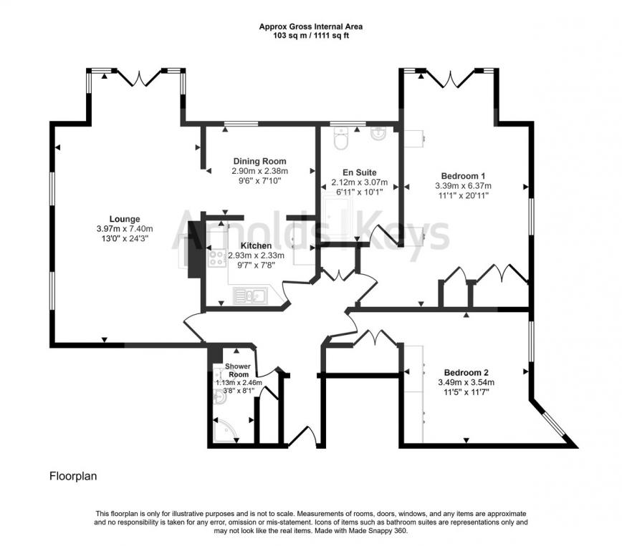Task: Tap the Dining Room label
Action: [259, 161]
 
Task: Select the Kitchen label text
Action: [256, 245]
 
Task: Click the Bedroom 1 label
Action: [463, 176]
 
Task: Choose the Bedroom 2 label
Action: [466, 372]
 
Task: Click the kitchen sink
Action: [252, 295]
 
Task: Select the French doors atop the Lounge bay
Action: [136, 77]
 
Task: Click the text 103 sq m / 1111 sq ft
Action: [310, 35]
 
